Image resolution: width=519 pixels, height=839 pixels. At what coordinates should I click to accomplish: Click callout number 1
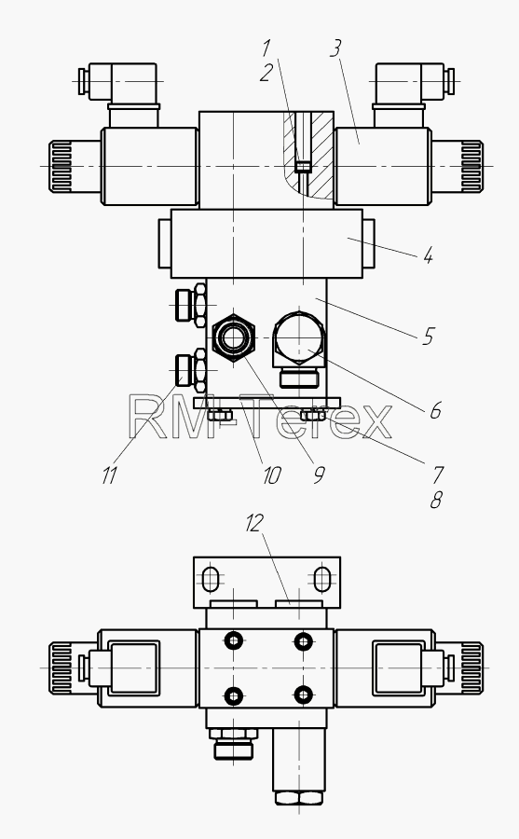(x=266, y=48)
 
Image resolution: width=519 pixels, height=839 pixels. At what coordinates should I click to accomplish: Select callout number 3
(x=335, y=48)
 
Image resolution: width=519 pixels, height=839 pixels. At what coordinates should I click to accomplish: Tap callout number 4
(x=428, y=255)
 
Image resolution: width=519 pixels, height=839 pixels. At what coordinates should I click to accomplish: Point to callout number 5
(x=428, y=337)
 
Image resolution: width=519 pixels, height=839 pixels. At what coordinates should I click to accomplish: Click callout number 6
(x=435, y=410)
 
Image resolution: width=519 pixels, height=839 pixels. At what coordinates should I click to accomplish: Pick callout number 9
(x=319, y=475)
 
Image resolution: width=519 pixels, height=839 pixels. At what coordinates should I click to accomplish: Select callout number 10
(x=272, y=475)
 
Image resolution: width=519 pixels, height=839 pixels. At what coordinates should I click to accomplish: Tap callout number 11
(x=109, y=475)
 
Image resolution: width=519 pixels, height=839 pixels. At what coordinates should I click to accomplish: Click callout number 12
(x=254, y=523)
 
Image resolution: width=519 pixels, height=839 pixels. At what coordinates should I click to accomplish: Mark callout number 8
(x=436, y=501)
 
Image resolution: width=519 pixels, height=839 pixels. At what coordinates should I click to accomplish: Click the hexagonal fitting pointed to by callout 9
(x=233, y=338)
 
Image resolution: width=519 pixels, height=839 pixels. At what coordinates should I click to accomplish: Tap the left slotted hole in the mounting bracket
(x=211, y=579)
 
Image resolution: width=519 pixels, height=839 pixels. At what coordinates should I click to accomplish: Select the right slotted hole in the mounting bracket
(x=321, y=579)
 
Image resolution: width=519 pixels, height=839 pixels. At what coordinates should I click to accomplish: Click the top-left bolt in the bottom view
(x=234, y=640)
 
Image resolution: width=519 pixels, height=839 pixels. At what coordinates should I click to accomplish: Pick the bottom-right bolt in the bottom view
(x=304, y=695)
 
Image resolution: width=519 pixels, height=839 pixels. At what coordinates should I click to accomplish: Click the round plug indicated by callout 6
(x=298, y=338)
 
